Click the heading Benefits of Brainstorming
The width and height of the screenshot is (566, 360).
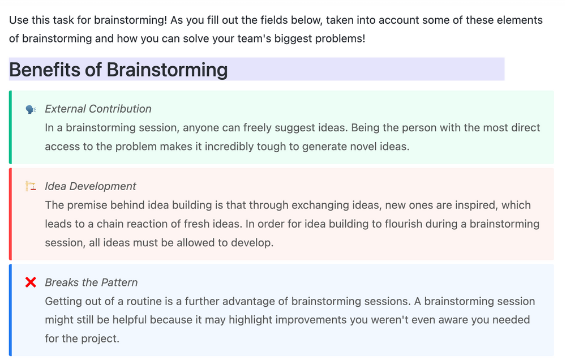[x=118, y=70]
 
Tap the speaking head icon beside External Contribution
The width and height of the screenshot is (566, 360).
[x=31, y=109]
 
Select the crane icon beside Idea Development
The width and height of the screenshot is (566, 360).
[x=31, y=186]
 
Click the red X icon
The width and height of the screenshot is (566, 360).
[x=31, y=282]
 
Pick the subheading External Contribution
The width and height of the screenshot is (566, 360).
[x=98, y=109]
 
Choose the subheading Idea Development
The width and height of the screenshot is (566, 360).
[x=91, y=186]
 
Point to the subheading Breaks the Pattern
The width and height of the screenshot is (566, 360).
[x=91, y=282]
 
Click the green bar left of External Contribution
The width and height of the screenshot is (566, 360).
[x=10, y=127]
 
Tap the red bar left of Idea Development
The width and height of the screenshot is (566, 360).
[x=10, y=214]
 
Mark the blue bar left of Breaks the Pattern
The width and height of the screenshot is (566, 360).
[x=10, y=310]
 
